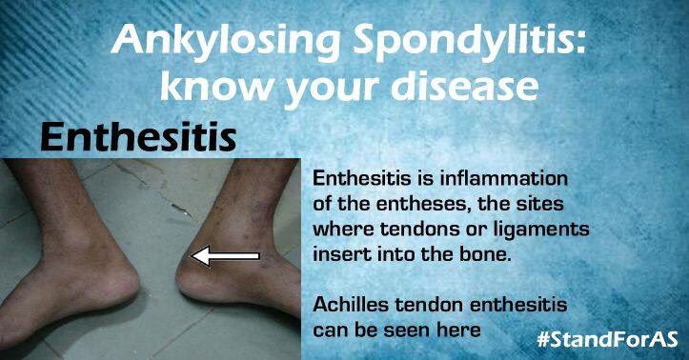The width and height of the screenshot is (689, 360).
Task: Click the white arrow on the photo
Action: pos(226,255)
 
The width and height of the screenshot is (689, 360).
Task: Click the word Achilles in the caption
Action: pos(354,306)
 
